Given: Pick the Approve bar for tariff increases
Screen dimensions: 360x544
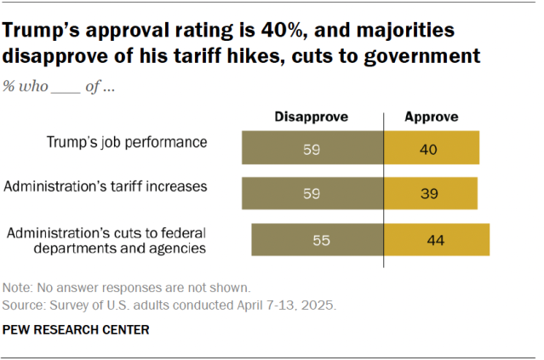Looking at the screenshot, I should (x=431, y=193).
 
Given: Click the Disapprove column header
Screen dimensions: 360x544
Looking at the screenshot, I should (x=312, y=117).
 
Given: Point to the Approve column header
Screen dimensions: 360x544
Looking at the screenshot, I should (x=430, y=117).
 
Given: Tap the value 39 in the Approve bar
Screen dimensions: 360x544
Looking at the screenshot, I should (x=429, y=193).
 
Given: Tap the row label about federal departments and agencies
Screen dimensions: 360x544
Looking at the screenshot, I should (x=106, y=240).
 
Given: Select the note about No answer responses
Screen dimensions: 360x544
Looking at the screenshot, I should (x=126, y=287).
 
